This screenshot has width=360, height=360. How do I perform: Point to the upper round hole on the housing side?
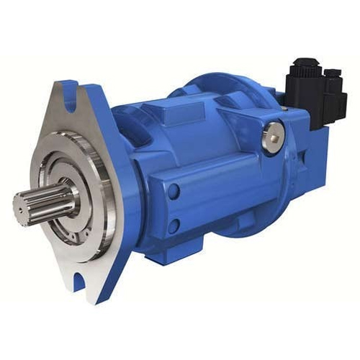(174, 192)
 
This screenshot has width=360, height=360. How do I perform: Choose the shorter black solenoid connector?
(333, 90)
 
